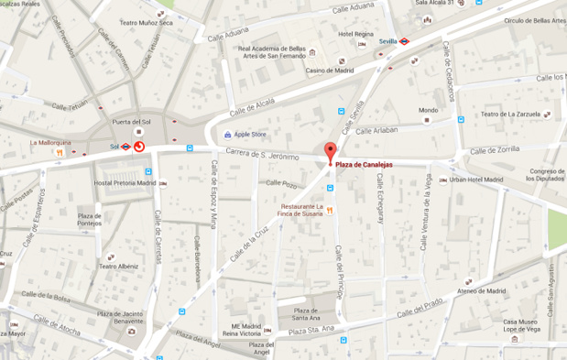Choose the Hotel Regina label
click(x=356, y=34)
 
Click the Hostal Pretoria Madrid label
click(x=123, y=182)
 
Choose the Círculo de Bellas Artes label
click(x=534, y=19)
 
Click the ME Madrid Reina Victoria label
click(x=248, y=330)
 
